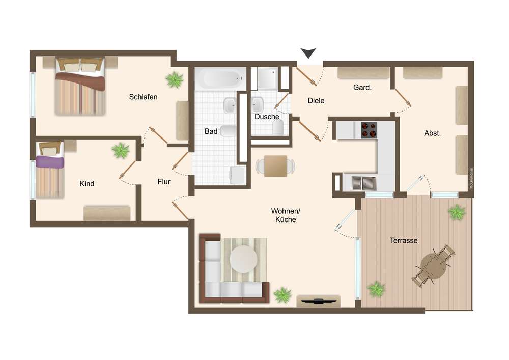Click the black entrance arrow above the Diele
click(x=308, y=53)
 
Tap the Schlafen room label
click(x=143, y=97)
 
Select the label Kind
click(x=87, y=184)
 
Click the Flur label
click(x=164, y=182)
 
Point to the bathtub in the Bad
click(x=221, y=78)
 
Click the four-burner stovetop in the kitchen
click(x=369, y=130)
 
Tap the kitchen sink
click(x=364, y=183)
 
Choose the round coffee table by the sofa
click(x=243, y=259)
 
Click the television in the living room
click(x=318, y=301)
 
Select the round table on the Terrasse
click(x=433, y=265)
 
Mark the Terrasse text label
click(x=404, y=240)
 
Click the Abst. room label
click(x=432, y=133)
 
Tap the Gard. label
click(x=362, y=87)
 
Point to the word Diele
click(x=316, y=101)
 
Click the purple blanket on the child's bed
click(x=50, y=161)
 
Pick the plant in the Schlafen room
click(x=174, y=79)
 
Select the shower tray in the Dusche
click(x=268, y=78)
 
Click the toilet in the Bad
click(x=228, y=131)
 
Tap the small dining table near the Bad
click(x=275, y=166)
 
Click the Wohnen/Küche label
click(x=286, y=215)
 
